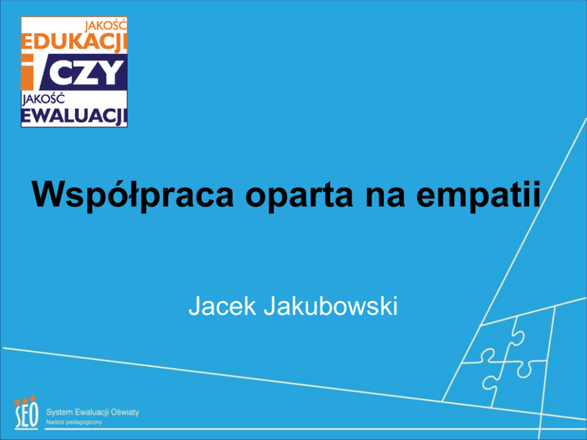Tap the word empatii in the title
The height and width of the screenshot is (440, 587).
click(479, 195)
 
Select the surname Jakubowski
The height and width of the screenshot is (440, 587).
click(331, 306)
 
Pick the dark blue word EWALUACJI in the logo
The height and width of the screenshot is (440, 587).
click(74, 117)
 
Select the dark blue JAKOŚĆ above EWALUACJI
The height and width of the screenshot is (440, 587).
click(43, 99)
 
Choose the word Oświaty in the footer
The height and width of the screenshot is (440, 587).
click(125, 412)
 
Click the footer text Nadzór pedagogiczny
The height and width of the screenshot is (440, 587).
click(74, 422)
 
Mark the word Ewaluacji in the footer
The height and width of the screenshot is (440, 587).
click(92, 412)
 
